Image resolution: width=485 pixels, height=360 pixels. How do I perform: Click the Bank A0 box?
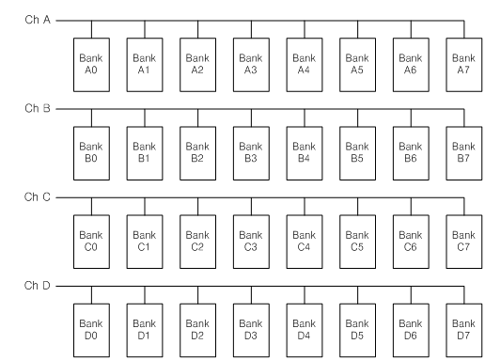pos(90,61)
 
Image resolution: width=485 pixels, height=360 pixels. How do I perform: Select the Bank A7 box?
pos(462,61)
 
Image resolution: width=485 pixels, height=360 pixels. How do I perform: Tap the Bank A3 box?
pos(250,61)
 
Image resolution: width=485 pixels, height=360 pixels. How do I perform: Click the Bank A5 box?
pos(356,61)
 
